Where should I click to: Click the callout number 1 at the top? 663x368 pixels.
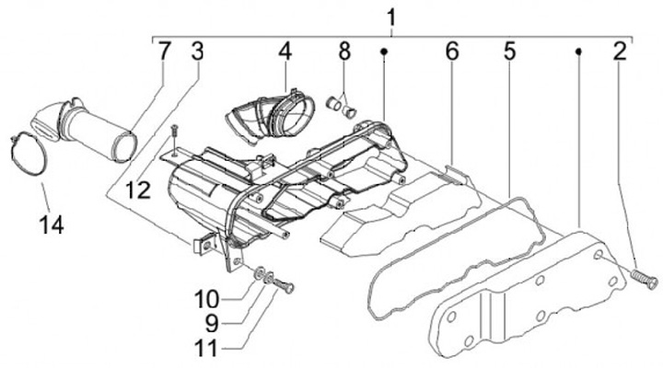tap(391, 17)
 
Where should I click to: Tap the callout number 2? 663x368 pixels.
tap(620, 51)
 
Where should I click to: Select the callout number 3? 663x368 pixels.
tap(196, 51)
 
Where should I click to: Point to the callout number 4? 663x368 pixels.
tap(285, 51)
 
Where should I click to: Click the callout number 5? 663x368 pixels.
tap(509, 52)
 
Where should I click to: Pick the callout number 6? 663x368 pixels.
tap(451, 52)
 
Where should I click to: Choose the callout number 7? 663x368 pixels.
tap(164, 51)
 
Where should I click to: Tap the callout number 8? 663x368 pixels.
tap(343, 51)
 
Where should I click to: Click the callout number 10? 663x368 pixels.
tap(206, 299)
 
